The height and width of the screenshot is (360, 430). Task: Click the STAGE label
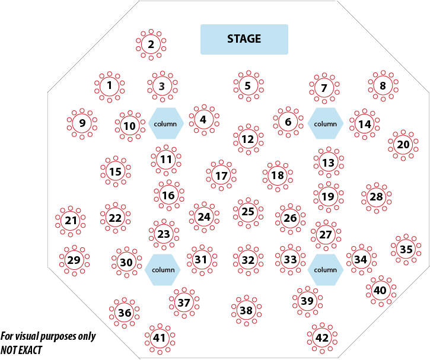[x=244, y=39]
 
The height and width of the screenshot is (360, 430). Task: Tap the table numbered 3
[x=161, y=86]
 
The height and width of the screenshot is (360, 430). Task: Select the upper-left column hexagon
[x=165, y=123]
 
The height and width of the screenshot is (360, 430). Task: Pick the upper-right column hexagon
[x=325, y=123]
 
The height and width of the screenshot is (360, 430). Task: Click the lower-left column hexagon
[x=163, y=269]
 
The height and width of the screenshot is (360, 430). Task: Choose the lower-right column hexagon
[x=325, y=269]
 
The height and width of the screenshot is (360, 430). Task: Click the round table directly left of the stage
[x=151, y=44]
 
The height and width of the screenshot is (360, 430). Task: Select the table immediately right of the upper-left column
[x=203, y=119]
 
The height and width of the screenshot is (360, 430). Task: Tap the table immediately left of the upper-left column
[x=130, y=125]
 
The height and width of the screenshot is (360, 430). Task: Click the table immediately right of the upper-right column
[x=364, y=123]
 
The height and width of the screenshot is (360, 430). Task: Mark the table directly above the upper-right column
[x=324, y=88]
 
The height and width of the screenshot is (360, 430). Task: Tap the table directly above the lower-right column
[x=325, y=234]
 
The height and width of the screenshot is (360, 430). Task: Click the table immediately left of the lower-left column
[x=126, y=261]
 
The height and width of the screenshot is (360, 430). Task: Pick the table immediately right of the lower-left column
[x=202, y=259]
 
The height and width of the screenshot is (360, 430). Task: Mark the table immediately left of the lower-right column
[x=289, y=259]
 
